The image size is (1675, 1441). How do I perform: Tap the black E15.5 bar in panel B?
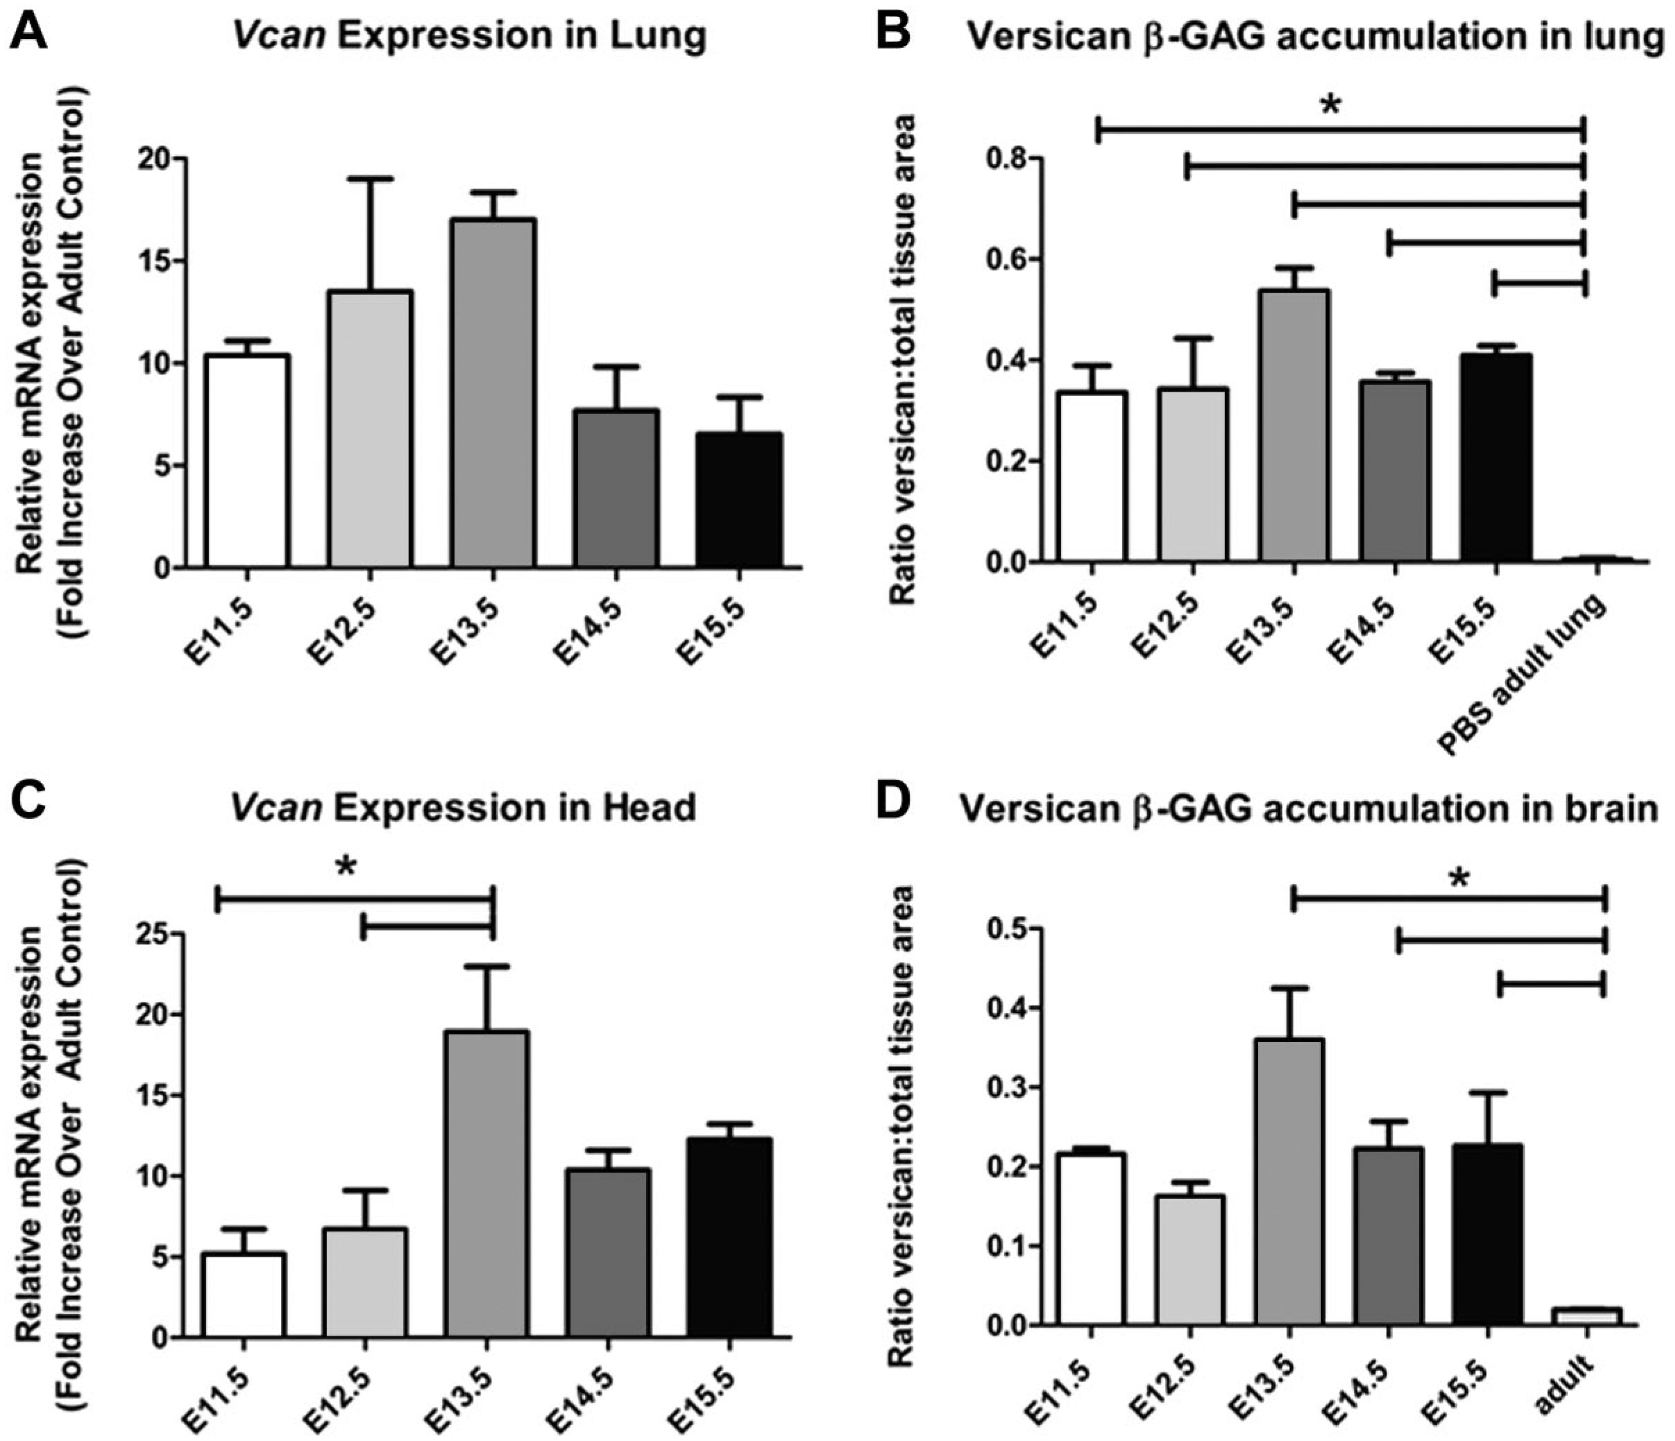pos(1496,458)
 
